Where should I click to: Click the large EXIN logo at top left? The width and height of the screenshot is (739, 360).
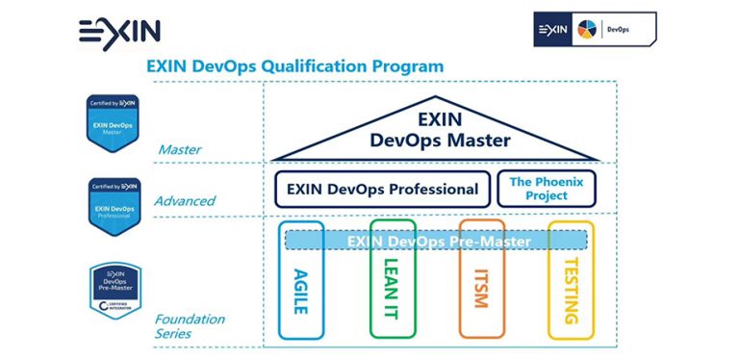[119, 30]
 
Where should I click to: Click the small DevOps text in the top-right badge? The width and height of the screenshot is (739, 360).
[618, 30]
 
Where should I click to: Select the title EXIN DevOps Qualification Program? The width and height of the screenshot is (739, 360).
[294, 66]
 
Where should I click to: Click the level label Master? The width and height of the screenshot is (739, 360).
[178, 149]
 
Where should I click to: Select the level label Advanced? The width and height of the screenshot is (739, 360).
[184, 201]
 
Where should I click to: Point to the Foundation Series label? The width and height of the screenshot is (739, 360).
[190, 326]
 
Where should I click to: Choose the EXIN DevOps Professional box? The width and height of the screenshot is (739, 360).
[381, 189]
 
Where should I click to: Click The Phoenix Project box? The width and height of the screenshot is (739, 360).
[546, 189]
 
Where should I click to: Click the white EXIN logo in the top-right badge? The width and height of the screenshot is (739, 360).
[552, 30]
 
